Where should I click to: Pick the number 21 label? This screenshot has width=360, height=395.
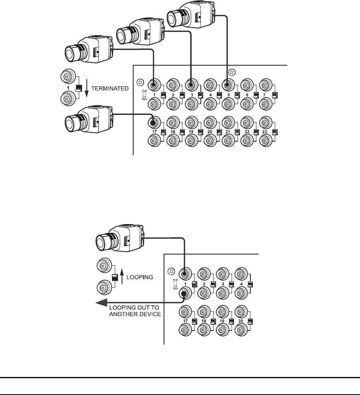(x=228, y=131)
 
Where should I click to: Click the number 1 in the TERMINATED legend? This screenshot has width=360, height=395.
(x=68, y=87)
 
